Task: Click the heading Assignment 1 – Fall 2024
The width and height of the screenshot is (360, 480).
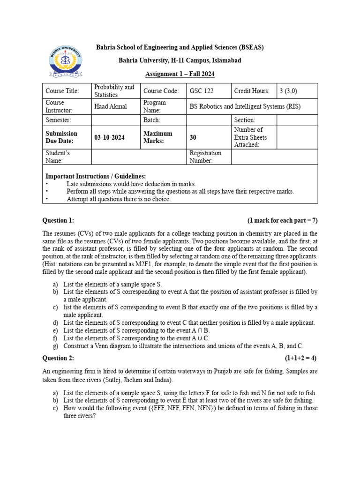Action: (180, 75)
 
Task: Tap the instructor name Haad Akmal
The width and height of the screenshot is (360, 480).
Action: (111, 106)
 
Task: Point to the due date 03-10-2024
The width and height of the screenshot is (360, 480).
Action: (109, 137)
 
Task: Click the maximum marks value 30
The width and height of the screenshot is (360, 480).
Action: (193, 137)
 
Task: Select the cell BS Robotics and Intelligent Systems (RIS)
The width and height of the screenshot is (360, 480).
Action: (245, 106)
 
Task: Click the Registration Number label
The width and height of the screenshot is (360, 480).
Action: (205, 157)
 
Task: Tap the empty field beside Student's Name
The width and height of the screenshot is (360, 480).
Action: (139, 157)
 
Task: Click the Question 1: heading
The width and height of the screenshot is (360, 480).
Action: (58, 220)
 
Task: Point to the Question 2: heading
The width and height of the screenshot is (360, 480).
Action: (58, 358)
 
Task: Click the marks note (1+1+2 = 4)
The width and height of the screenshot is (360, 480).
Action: (300, 358)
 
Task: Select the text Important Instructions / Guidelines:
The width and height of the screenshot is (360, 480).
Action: (95, 176)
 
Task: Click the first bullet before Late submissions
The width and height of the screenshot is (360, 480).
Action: (47, 184)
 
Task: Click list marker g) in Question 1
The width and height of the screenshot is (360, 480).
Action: (55, 346)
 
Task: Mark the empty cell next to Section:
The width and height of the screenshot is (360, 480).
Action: (297, 120)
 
